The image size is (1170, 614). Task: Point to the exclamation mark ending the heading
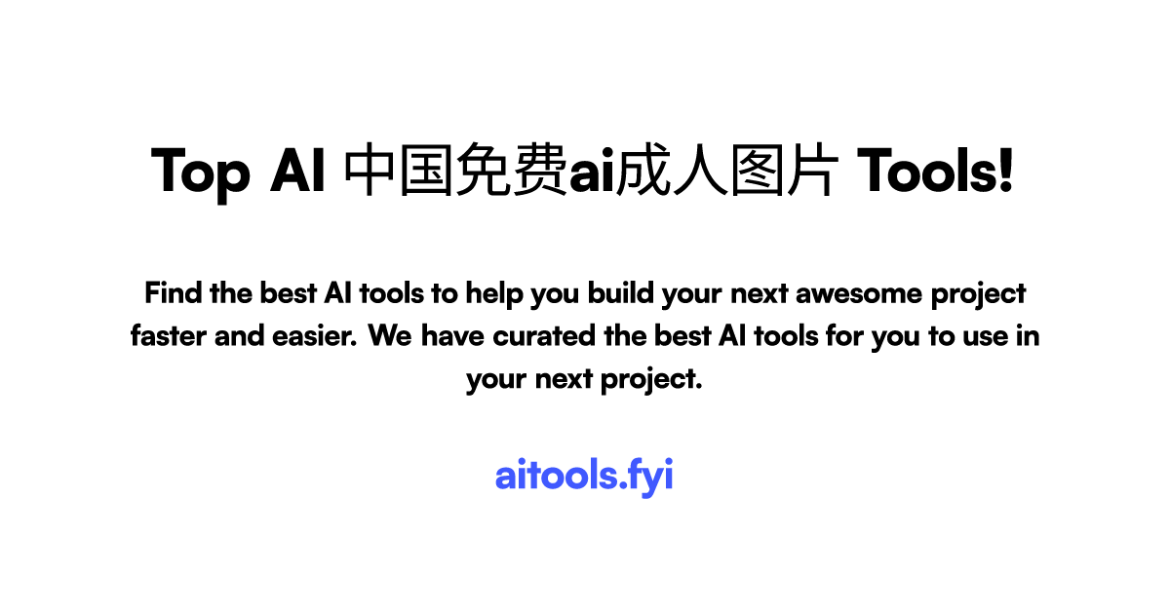(1006, 172)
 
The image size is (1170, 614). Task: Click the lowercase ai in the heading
(590, 173)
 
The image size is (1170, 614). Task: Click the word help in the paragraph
(493, 292)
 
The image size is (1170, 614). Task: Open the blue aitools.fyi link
(584, 477)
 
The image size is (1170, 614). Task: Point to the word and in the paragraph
(235, 336)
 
